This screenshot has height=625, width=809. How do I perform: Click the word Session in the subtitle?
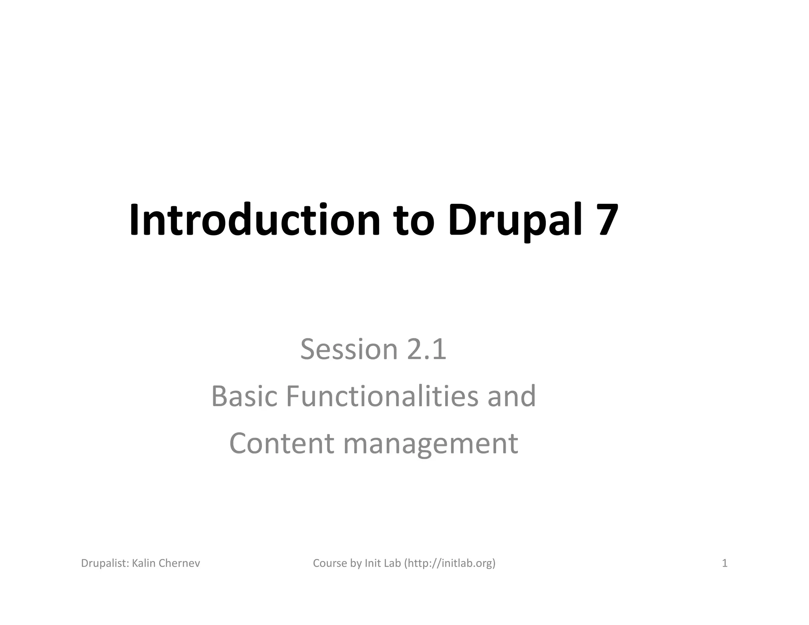(349, 349)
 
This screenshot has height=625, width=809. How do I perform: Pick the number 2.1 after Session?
(427, 349)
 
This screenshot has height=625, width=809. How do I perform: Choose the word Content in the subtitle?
(282, 443)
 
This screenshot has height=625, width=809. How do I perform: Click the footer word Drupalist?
(105, 563)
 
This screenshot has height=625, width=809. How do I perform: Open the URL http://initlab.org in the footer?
(450, 563)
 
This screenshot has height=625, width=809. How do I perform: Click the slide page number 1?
(724, 563)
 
